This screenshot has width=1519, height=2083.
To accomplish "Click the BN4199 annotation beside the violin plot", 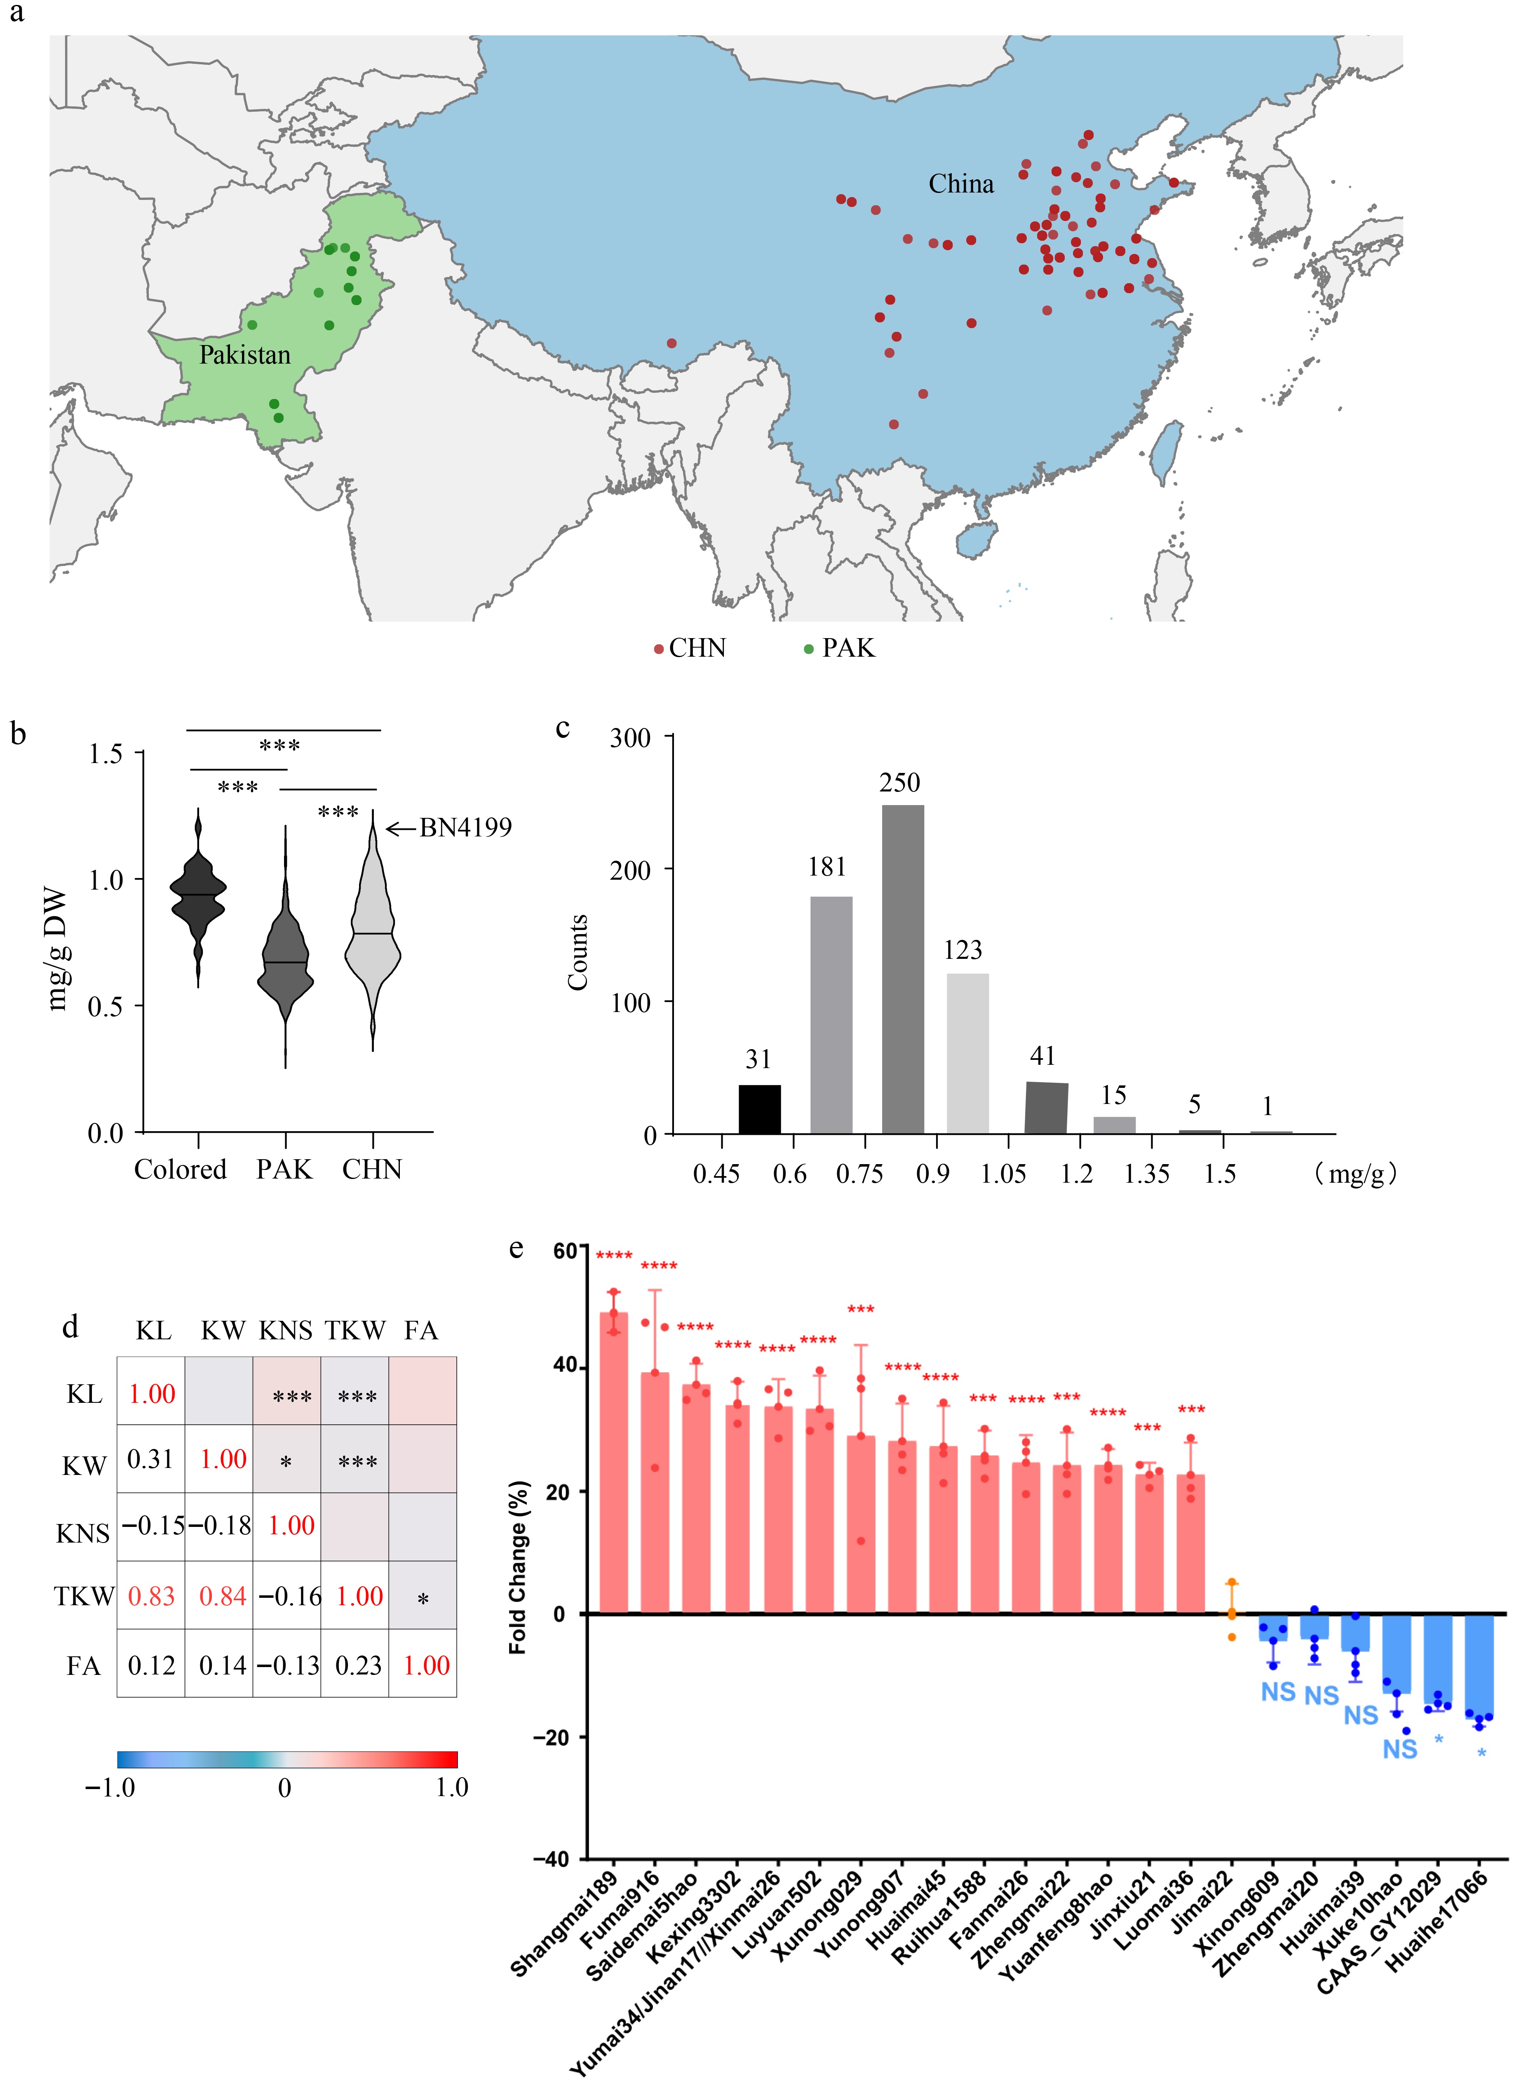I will pos(464,828).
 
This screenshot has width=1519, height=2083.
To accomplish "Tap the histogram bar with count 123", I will pos(967,1053).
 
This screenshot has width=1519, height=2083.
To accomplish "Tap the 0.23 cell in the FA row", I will pos(358,1665).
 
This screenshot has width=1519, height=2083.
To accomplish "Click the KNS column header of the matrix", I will pos(286,1331).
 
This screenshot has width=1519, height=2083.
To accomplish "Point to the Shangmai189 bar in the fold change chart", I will pos(613,1462).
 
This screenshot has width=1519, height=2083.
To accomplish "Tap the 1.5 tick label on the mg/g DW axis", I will pos(106,754).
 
